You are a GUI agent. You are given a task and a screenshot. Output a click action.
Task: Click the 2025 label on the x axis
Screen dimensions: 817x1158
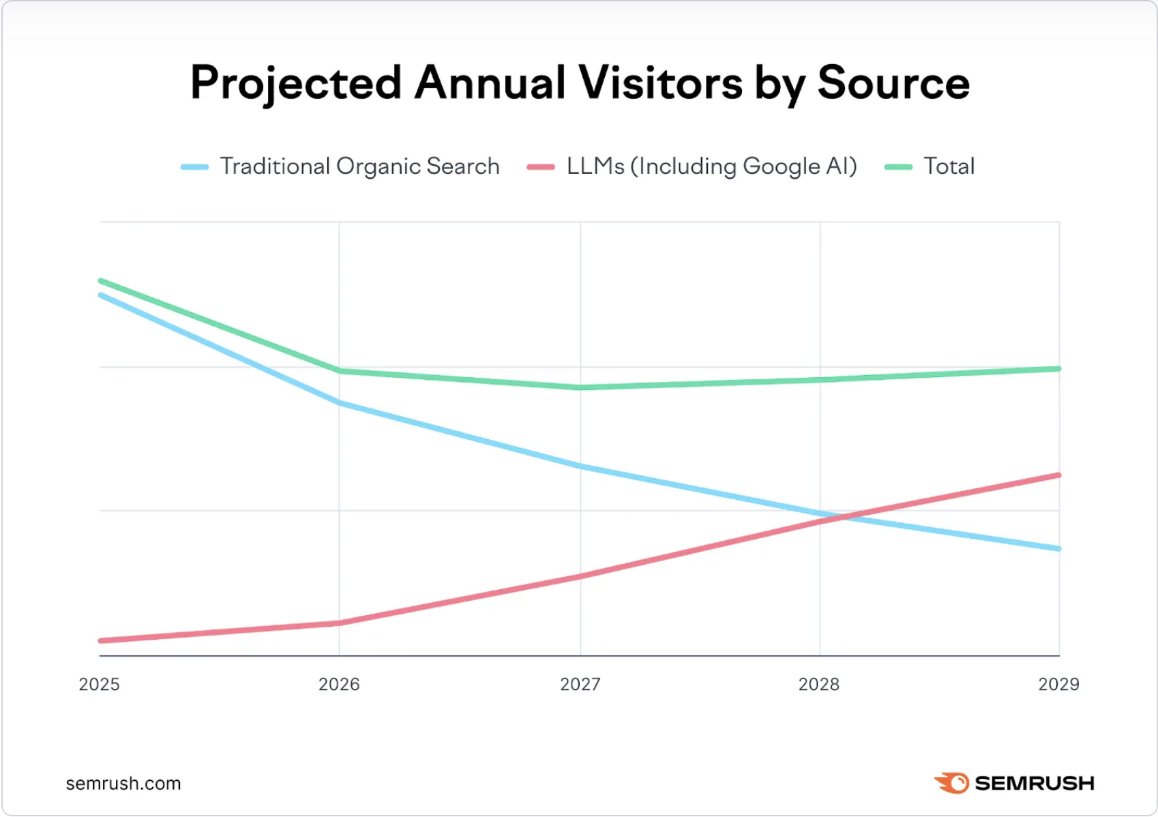click(99, 684)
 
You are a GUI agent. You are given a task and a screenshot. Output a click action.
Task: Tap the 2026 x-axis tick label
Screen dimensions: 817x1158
click(339, 684)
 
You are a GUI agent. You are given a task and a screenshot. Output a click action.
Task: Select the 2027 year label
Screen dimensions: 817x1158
click(580, 684)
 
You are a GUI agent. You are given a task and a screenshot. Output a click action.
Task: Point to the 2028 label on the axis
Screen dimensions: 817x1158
click(819, 684)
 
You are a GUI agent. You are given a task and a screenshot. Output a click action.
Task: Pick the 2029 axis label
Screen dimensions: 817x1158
click(1058, 684)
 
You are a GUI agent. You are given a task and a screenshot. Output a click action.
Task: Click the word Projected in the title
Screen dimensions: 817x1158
click(295, 83)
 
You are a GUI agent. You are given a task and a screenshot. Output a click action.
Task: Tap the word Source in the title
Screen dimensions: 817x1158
click(893, 83)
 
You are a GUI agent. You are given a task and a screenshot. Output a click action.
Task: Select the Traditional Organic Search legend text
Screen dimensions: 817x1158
click(359, 166)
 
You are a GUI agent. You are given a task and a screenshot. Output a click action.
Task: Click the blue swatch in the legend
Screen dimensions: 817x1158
click(194, 167)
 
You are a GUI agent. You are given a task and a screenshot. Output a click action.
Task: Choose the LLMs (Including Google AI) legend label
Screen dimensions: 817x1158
click(711, 166)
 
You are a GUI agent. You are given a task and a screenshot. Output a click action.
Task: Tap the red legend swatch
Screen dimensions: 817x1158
click(541, 167)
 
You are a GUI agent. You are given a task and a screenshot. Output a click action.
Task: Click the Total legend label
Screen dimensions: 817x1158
click(949, 166)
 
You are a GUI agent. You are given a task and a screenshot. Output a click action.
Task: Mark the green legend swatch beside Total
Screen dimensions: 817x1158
click(898, 167)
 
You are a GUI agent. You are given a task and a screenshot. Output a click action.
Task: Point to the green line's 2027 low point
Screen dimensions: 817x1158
click(580, 387)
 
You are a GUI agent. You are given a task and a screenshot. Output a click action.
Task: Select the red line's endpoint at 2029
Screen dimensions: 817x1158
click(1058, 475)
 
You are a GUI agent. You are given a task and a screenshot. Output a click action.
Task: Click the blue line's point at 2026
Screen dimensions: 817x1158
click(340, 403)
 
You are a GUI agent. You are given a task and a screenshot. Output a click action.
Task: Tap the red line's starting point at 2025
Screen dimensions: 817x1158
click(101, 640)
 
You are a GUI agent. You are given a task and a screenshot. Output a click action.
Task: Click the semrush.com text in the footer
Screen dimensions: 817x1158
click(123, 784)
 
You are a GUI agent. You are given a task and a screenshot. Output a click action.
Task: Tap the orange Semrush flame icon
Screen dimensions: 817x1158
click(952, 783)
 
